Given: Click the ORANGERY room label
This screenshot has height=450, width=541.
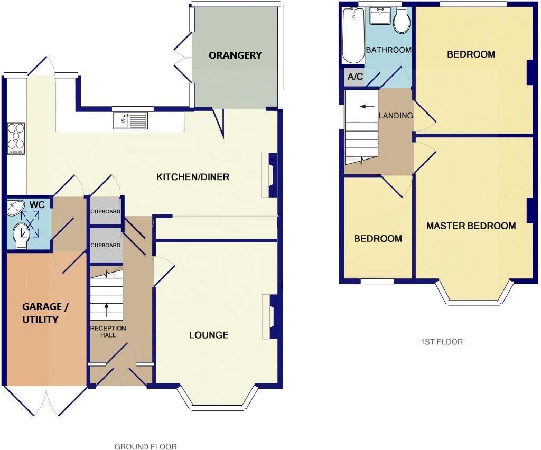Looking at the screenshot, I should click(x=235, y=55).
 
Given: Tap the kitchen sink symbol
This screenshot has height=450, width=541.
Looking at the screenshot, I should click(x=130, y=121).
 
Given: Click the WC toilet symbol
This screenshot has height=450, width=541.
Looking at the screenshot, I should click(x=23, y=234).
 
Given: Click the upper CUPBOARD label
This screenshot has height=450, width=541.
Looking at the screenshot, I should click(x=105, y=212).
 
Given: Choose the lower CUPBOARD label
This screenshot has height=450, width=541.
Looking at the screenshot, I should click(x=105, y=246).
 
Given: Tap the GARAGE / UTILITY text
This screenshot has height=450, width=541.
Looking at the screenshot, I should click(x=45, y=313).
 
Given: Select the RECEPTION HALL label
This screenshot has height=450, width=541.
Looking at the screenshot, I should click(x=108, y=332).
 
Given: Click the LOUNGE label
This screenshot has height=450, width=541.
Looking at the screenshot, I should click(x=209, y=335).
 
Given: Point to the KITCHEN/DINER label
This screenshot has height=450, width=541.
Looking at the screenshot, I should click(x=193, y=177).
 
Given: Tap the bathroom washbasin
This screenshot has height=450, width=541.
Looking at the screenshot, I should click(x=379, y=16).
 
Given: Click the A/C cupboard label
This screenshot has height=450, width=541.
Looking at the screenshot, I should click(x=355, y=77).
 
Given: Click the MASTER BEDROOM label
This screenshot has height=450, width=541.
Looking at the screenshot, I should click(x=471, y=226).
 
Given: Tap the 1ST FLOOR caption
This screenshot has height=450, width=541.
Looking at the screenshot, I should click(x=442, y=342).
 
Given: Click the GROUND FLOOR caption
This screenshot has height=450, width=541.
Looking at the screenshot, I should click(x=145, y=446).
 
